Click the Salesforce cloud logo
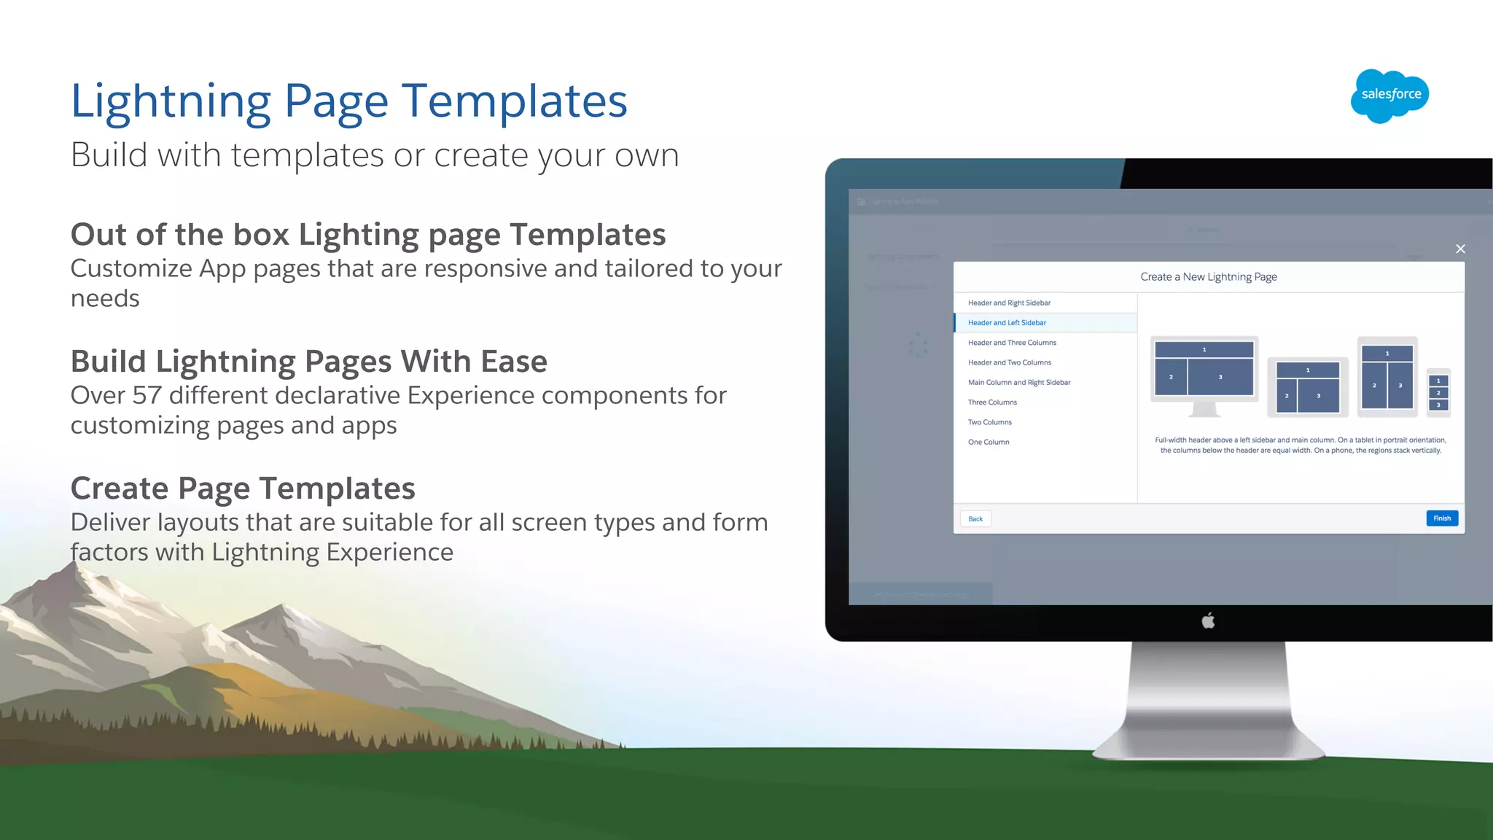pos(1389,96)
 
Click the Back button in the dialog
pos(975,519)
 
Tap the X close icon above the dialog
pos(1460,249)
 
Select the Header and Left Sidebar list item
pos(1007,323)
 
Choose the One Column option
pos(989,443)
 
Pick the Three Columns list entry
pos(992,402)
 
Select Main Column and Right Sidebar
pos(1019,383)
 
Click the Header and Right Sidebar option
pos(1009,303)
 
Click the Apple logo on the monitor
pos(1208,621)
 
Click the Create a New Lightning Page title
pos(1208,277)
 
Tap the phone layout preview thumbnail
pos(1438,392)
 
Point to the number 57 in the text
pos(147,396)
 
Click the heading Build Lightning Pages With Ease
pos(308,362)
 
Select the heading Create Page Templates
pos(243,489)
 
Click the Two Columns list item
pos(989,423)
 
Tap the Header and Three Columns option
pos(1012,343)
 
